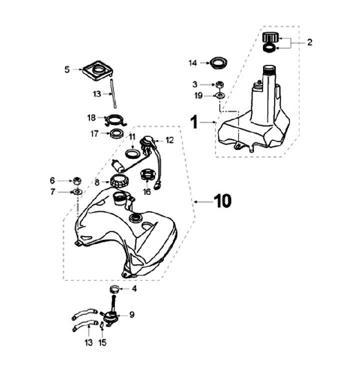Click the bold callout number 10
coord(222,201)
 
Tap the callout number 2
coord(309,42)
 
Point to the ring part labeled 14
coord(218,63)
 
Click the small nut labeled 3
coord(219,84)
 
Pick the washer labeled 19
coord(219,95)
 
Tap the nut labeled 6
coord(77,180)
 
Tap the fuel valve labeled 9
coord(111,316)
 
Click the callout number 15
coord(103,343)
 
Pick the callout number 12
coord(170,140)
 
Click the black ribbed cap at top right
coord(270,37)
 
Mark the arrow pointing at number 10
coord(202,201)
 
